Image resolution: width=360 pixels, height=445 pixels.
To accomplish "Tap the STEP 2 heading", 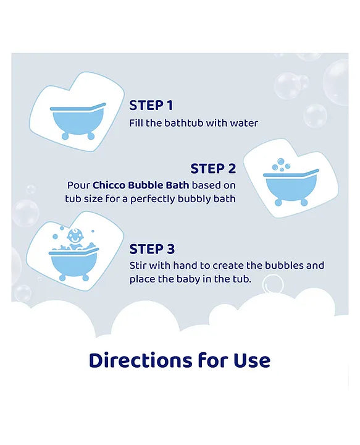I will (x=213, y=169).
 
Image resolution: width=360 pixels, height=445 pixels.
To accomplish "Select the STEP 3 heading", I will (x=152, y=249).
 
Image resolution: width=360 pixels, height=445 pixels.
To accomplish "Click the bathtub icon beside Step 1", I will (x=78, y=119).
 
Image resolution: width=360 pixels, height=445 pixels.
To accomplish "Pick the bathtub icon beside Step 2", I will (x=290, y=184).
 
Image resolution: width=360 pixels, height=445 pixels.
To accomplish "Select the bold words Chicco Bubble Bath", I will (x=130, y=185).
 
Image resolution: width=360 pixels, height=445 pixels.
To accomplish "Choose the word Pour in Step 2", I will (x=78, y=185).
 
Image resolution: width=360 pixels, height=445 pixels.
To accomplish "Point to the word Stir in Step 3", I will (x=139, y=265).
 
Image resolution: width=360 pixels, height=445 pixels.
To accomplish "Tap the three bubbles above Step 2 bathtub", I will (x=282, y=164).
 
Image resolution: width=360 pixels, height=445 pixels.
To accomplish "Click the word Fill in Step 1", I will (x=137, y=123).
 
